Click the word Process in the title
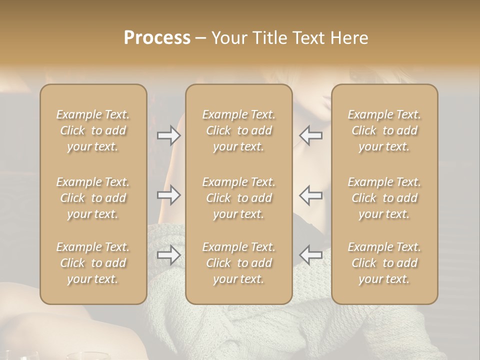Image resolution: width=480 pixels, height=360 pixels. pos(157,38)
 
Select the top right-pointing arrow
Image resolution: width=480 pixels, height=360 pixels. pos(168,135)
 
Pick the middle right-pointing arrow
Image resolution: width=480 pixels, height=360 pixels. pos(168,195)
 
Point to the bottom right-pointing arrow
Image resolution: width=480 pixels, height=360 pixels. pos(168,255)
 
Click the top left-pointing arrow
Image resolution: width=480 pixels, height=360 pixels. pos(311,135)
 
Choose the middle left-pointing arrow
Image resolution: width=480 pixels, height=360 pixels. pos(311,195)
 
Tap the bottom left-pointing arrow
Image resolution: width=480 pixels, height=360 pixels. pos(311,255)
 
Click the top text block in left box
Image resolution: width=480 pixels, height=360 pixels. pos(93,130)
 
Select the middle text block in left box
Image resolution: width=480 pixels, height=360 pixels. pos(93,198)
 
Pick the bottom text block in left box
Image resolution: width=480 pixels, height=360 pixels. pos(93,263)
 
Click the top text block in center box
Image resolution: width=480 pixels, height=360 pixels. pos(239,130)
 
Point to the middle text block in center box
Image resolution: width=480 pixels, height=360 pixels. pos(239,198)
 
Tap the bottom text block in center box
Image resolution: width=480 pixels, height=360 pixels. pos(239,263)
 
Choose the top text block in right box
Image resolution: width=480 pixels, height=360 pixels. pos(384,130)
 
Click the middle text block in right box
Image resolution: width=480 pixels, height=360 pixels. pos(384,198)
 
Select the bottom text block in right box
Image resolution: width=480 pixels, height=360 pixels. pos(384,263)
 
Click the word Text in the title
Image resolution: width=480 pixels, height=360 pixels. pos(310,38)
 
